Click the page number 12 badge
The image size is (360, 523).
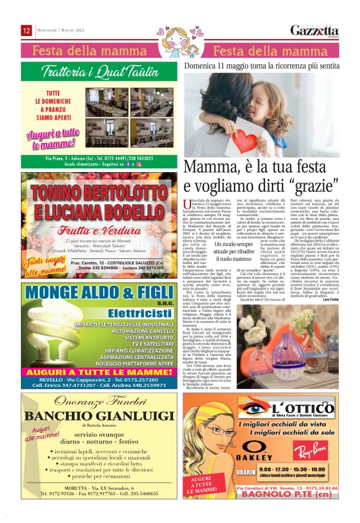[x=27, y=30]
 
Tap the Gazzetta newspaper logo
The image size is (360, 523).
[x=315, y=30]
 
